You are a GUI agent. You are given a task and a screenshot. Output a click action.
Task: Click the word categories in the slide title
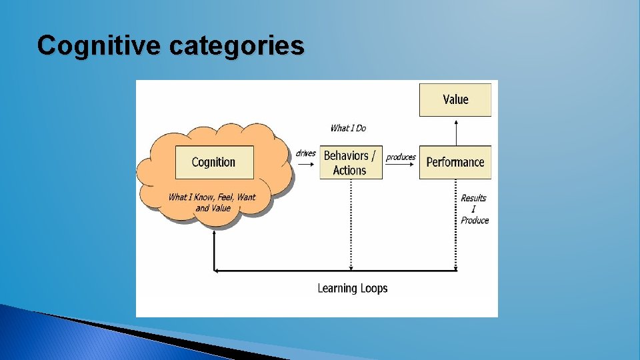pos(237,45)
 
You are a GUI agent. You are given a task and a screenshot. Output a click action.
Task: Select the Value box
pos(455,99)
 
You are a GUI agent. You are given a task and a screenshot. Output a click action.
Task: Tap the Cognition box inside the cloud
pos(214,162)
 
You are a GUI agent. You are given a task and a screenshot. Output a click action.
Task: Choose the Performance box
pos(455,162)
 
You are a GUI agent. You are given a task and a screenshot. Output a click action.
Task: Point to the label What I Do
pos(348,128)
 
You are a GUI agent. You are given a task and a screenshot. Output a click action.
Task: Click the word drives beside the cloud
pos(305,153)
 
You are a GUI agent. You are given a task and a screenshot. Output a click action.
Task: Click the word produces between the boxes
pos(401,157)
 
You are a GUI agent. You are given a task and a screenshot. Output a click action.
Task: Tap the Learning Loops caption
pos(352,288)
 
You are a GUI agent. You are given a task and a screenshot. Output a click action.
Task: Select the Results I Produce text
pos(474,209)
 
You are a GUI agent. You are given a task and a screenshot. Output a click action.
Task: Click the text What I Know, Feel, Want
pos(212,197)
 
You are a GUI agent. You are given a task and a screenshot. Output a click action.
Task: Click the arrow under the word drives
pos(306,162)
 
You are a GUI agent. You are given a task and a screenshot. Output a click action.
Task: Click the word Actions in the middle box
pos(350,170)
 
